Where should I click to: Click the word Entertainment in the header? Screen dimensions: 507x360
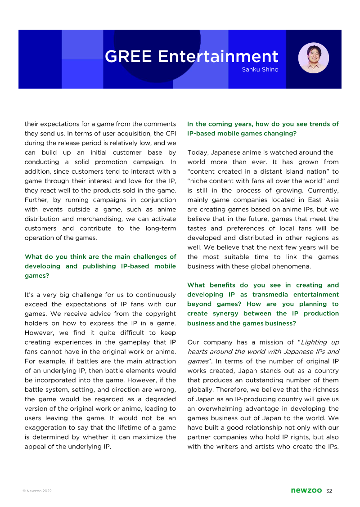point(218,57)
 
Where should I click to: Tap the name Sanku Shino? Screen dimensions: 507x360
point(260,70)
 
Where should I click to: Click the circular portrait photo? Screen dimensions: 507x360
point(314,58)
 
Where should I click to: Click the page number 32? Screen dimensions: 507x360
point(329,491)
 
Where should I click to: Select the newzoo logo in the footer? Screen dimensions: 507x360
point(306,491)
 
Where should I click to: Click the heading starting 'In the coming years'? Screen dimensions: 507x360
point(263,129)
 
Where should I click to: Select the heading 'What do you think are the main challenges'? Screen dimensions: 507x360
point(100,266)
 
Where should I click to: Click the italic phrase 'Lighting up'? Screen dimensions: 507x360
point(319,342)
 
